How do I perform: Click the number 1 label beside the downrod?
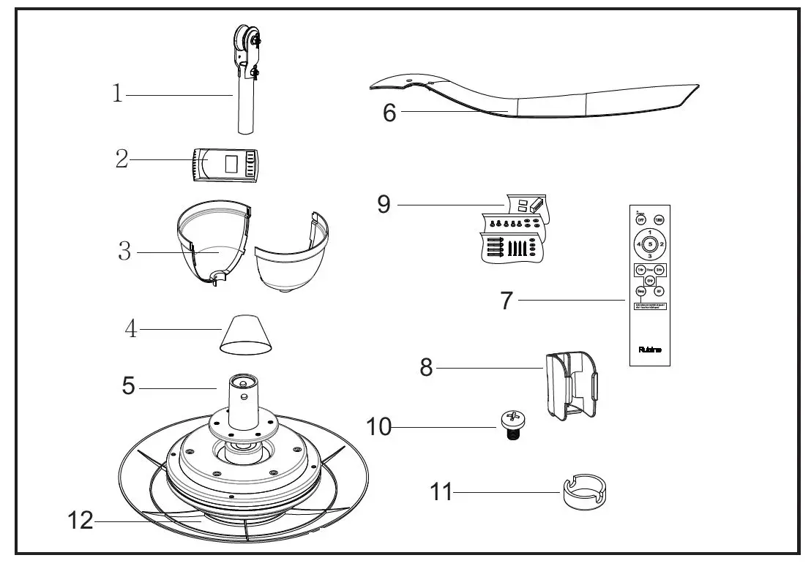pos(117,94)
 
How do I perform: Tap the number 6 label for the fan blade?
pos(389,113)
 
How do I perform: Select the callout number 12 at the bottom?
pos(81,522)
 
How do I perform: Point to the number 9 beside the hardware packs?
pos(384,205)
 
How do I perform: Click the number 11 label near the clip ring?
pos(441,492)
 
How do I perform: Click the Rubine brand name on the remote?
pos(649,350)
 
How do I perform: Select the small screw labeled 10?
pos(510,423)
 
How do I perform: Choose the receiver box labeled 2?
pos(228,165)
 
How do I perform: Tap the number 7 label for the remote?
pos(507,300)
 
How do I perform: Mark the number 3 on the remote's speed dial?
pos(649,255)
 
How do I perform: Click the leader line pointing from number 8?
pos(490,368)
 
